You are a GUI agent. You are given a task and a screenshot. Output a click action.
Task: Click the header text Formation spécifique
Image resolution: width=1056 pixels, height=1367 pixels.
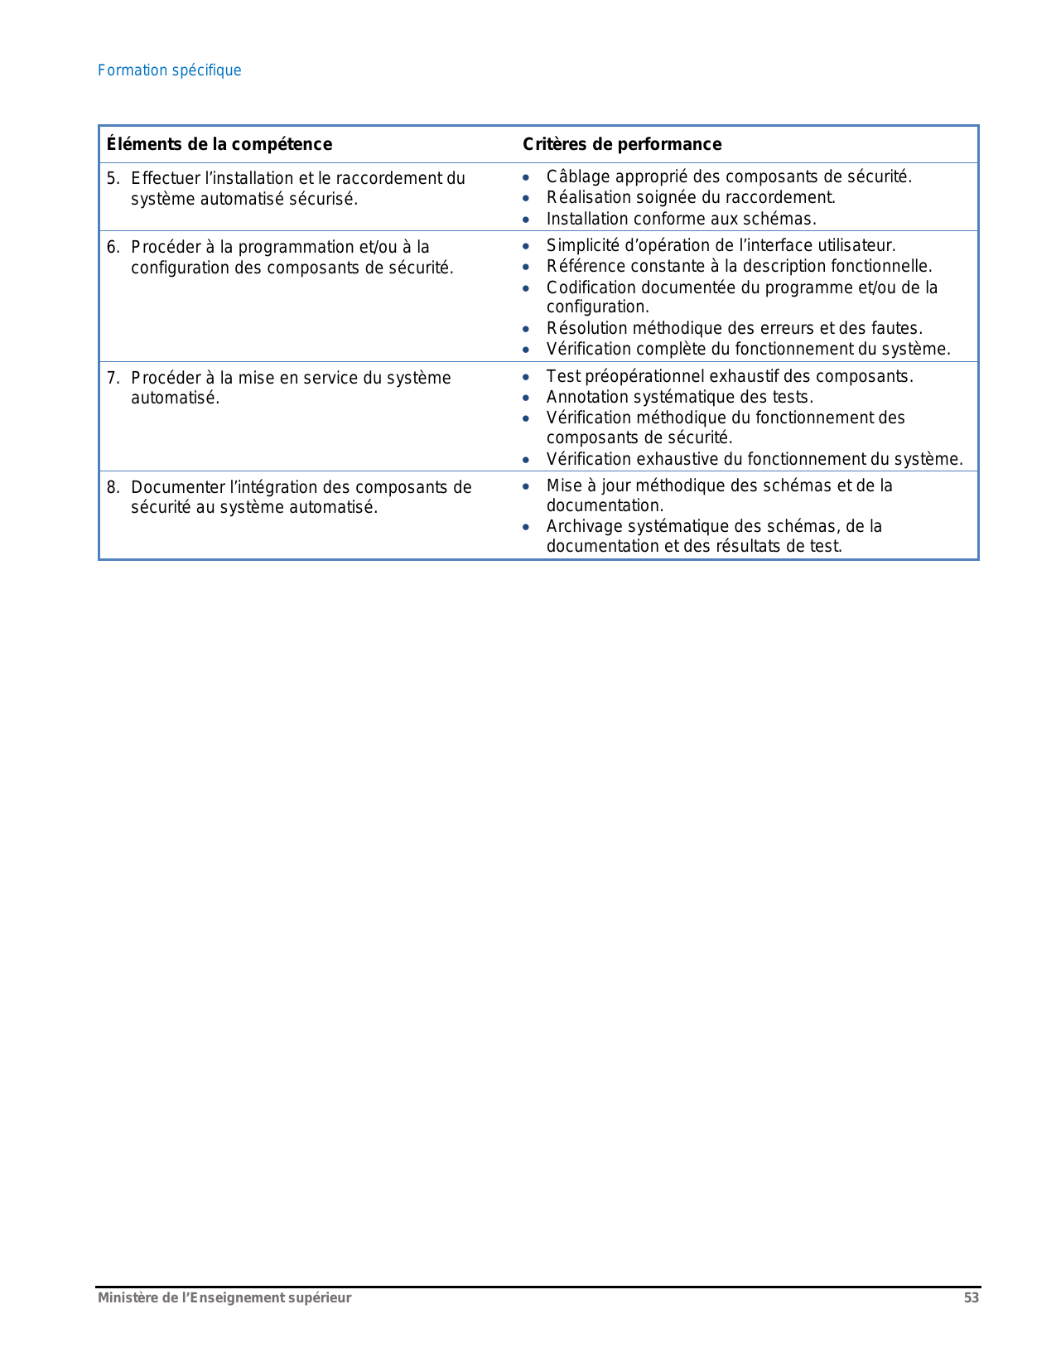169,70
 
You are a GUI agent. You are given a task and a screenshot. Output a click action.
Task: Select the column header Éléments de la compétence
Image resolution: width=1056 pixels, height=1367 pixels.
219,144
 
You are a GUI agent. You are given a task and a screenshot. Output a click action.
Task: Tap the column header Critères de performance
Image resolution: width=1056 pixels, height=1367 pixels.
622,144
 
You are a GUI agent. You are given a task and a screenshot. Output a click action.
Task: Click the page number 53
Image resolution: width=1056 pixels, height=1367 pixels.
971,1298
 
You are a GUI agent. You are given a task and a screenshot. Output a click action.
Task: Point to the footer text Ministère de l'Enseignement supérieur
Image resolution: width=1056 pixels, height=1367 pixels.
224,1298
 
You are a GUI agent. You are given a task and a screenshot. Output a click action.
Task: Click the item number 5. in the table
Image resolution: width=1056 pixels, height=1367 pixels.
113,178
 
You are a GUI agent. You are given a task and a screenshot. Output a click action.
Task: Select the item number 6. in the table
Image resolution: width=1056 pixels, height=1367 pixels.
113,247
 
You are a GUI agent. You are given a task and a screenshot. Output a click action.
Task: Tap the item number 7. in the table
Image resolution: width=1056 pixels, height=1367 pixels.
113,378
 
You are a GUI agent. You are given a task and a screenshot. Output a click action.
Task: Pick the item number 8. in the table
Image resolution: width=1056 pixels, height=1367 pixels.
113,487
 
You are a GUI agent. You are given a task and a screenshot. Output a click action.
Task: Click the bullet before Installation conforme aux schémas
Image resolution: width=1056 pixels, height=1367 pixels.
526,220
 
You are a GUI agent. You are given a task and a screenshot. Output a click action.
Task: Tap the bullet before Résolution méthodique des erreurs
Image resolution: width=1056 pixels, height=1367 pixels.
526,329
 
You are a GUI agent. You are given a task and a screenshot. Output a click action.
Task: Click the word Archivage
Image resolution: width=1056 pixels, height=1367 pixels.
581,526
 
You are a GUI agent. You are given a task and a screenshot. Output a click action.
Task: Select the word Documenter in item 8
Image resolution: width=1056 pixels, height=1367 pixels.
177,487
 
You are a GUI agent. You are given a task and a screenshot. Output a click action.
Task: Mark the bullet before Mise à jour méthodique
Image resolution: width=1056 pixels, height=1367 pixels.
526,486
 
